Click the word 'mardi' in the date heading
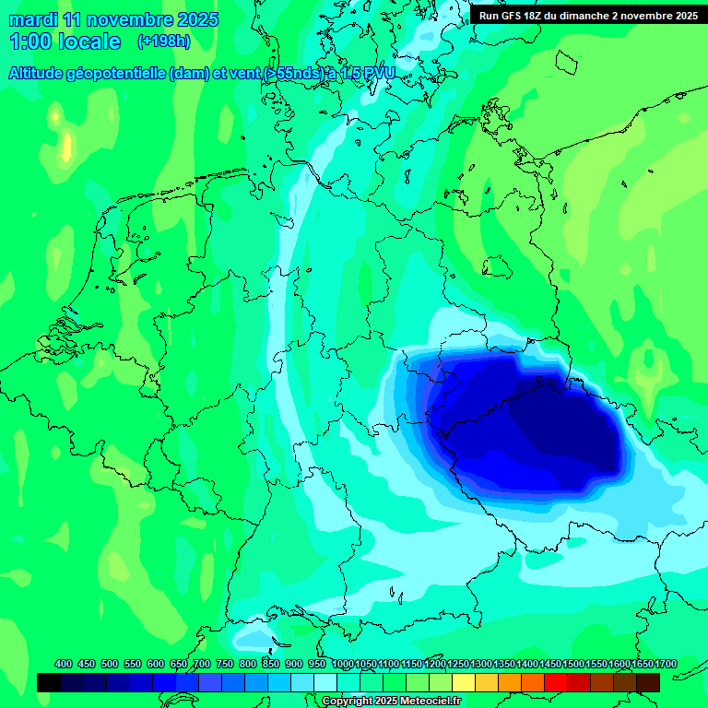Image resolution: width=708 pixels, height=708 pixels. (29, 19)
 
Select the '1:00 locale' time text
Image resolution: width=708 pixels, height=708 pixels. (65, 42)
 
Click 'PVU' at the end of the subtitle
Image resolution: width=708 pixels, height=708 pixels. (376, 74)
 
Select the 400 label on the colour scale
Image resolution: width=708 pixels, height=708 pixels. (64, 664)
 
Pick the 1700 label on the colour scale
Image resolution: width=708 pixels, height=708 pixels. (642, 664)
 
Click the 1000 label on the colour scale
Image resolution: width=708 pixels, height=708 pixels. (342, 664)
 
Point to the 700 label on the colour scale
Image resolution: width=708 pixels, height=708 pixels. (202, 664)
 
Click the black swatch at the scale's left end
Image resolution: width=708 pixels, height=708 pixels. (49, 682)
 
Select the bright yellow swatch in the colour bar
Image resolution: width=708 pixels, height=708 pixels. (464, 682)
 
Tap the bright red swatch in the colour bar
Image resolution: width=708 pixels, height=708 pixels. (556, 682)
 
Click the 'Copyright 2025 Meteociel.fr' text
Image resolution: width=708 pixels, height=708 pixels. (392, 702)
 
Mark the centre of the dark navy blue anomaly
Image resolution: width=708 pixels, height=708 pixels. (525, 419)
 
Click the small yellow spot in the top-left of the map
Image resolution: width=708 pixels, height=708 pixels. (66, 146)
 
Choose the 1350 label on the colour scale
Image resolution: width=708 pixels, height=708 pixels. (504, 664)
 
